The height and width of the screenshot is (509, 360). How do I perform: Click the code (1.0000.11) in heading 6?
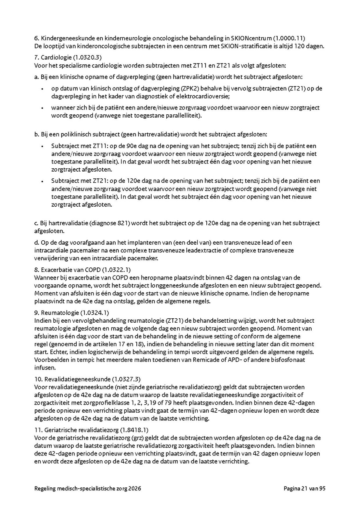pyautogui.click(x=289, y=38)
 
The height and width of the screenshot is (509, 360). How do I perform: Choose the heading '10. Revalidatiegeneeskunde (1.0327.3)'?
pyautogui.click(x=88, y=379)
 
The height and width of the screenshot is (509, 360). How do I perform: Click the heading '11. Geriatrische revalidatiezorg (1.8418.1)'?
pyautogui.click(x=92, y=429)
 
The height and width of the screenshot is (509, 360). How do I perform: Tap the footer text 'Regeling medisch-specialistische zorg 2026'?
pyautogui.click(x=88, y=488)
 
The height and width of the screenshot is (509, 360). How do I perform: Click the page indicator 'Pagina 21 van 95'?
pyautogui.click(x=305, y=488)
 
